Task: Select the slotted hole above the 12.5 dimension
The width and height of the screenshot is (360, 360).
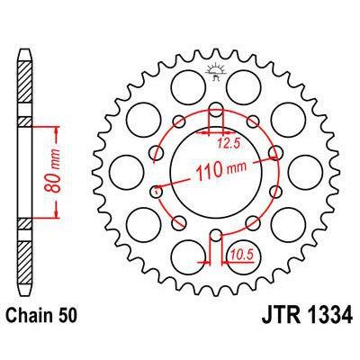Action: pyautogui.click(x=216, y=114)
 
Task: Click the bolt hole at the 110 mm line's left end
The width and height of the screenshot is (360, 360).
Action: pyautogui.click(x=157, y=190)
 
